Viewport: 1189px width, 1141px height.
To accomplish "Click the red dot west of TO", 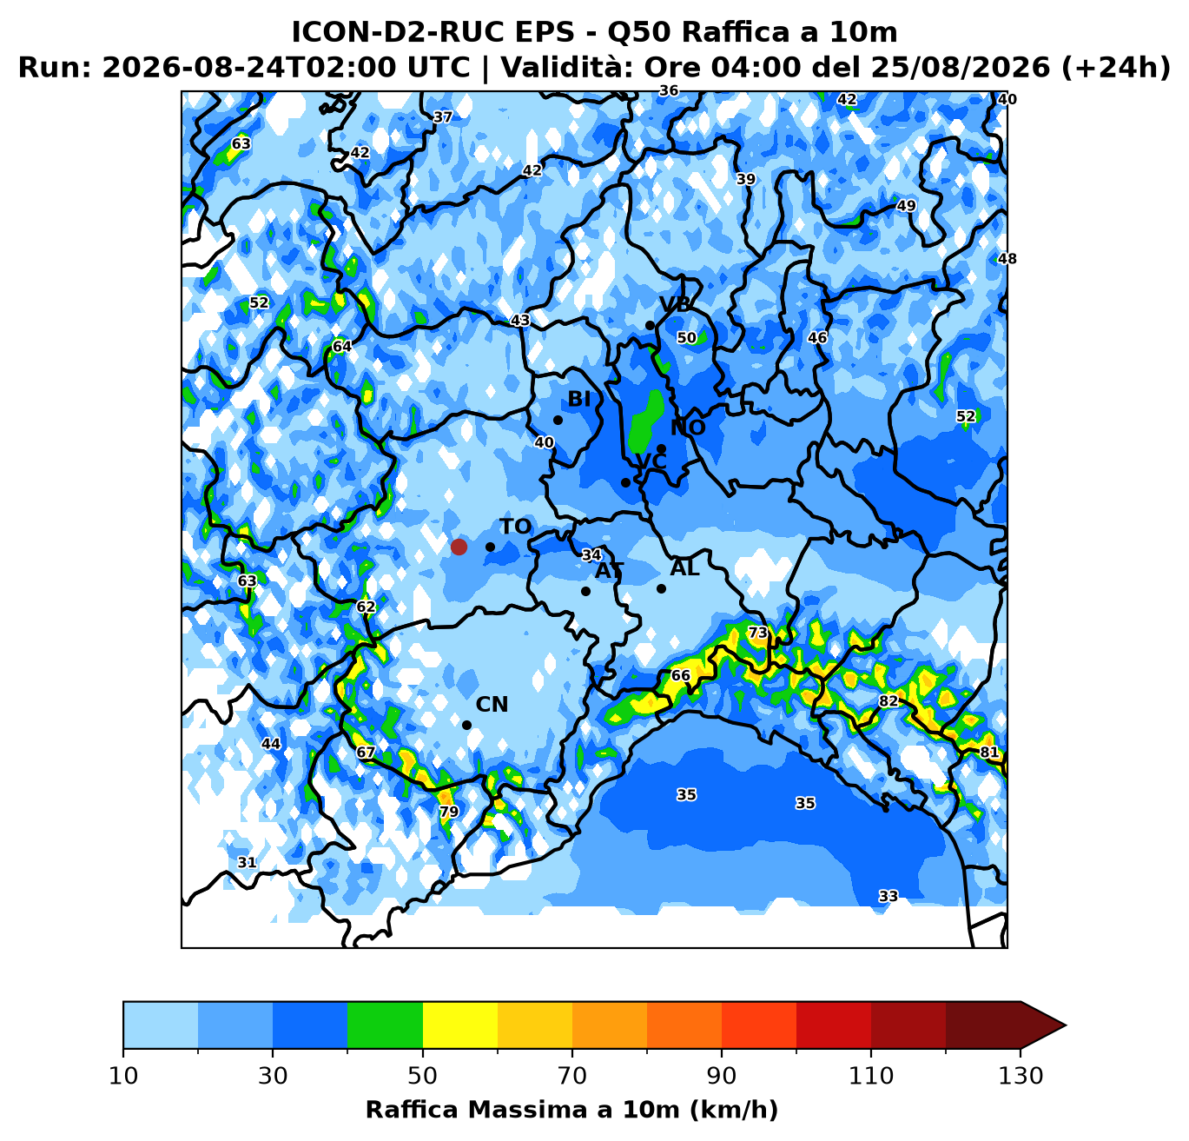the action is (459, 547).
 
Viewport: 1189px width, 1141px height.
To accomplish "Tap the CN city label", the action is (492, 705).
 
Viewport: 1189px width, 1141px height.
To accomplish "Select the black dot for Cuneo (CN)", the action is (466, 726).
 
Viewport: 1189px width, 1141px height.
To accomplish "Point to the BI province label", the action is (579, 399).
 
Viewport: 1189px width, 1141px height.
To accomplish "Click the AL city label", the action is (684, 568).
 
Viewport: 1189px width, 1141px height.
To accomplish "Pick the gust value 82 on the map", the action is (888, 700).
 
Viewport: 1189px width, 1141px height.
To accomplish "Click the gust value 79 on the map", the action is (449, 812).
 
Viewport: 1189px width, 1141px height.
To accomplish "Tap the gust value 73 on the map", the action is (758, 633).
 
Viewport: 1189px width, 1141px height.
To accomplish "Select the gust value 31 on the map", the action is (247, 862).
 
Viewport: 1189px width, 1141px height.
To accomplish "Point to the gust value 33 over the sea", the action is (888, 896).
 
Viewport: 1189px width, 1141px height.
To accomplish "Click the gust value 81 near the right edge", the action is (989, 752).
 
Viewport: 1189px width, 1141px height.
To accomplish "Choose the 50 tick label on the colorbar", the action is (422, 1076).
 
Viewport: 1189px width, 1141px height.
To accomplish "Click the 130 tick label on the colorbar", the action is (1021, 1076).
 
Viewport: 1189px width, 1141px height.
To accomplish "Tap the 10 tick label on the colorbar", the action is (123, 1076).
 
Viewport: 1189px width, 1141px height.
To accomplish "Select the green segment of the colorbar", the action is (385, 1025).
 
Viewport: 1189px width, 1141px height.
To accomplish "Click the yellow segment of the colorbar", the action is (460, 1025).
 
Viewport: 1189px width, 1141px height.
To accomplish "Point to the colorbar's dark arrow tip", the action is (1067, 1025).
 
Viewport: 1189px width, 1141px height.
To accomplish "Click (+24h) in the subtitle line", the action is (1115, 67).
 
